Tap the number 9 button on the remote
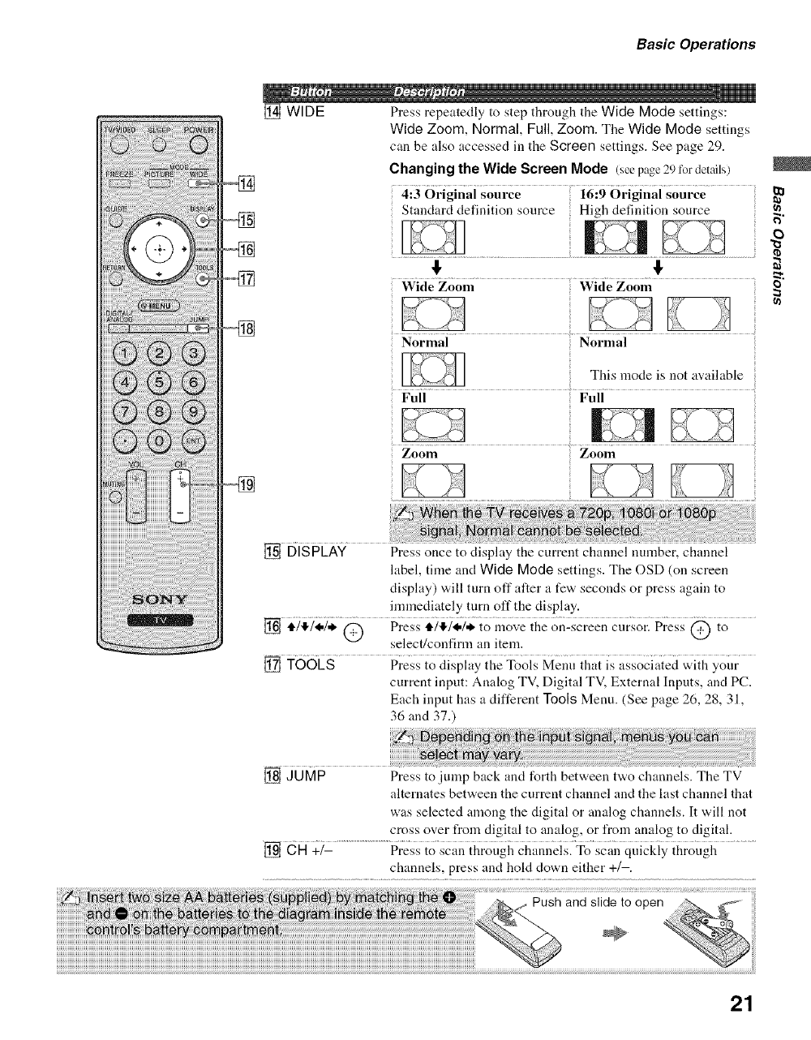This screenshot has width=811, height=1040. click(195, 411)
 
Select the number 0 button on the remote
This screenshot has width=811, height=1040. click(158, 440)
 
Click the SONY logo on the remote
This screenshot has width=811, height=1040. click(160, 599)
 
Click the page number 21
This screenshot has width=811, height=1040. click(741, 1004)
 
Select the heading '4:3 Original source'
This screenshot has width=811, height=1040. click(461, 195)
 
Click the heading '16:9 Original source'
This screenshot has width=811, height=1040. click(643, 195)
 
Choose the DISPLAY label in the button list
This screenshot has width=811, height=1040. click(316, 553)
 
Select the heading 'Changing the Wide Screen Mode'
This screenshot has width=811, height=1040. click(499, 169)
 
